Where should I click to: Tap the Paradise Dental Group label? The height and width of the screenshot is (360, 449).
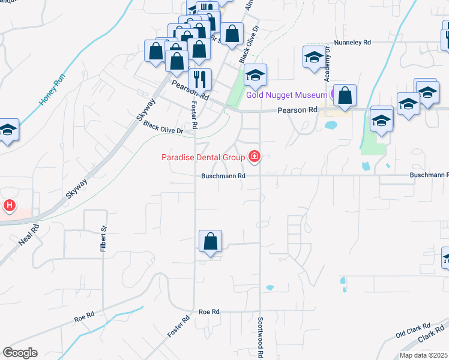click(x=203, y=158)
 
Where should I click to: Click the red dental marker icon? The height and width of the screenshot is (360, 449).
click(x=255, y=157)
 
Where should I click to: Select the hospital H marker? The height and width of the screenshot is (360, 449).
click(x=10, y=206)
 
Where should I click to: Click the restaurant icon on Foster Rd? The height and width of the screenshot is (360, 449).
click(x=200, y=79)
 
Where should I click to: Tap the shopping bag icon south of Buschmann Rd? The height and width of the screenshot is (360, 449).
click(x=211, y=242)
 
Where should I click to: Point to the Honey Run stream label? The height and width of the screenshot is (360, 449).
click(x=51, y=90)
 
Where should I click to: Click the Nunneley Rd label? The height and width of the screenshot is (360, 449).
click(x=354, y=43)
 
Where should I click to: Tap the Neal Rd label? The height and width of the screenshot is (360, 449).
click(x=28, y=234)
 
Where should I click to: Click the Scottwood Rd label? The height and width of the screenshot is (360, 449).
click(x=261, y=338)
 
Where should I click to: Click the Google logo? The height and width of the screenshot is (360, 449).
click(x=20, y=353)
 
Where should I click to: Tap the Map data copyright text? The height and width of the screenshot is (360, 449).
click(x=423, y=355)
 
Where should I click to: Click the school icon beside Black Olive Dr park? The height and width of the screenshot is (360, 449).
click(x=255, y=75)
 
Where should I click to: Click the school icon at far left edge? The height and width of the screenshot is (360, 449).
click(x=8, y=130)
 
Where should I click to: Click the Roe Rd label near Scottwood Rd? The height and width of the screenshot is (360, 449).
click(x=209, y=312)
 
